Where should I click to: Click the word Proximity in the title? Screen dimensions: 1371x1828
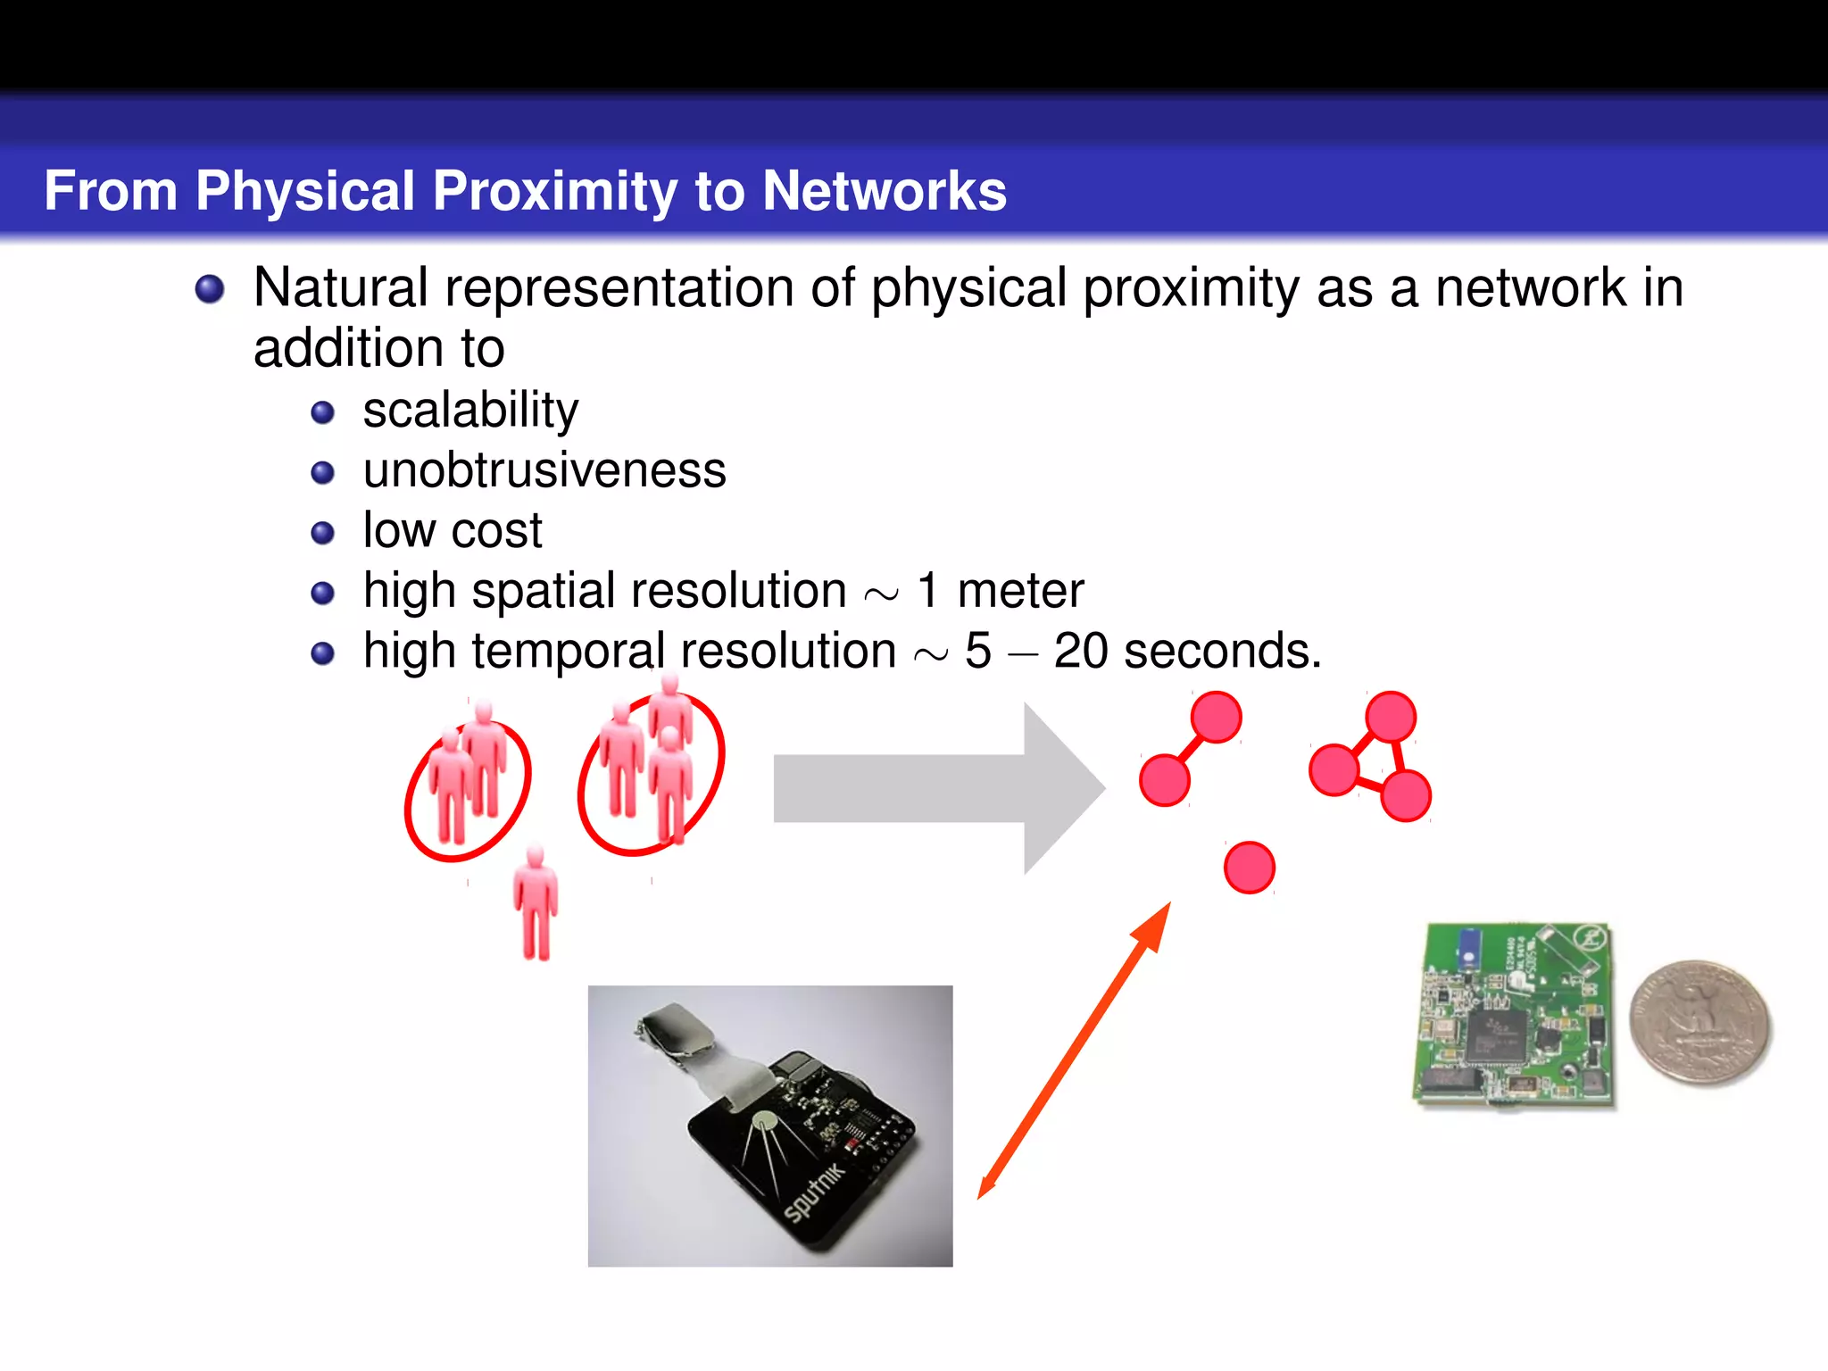(x=555, y=191)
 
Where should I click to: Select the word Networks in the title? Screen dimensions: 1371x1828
(x=884, y=191)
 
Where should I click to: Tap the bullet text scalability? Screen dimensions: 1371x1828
(x=470, y=411)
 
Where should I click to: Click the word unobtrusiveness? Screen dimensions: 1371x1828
(x=544, y=470)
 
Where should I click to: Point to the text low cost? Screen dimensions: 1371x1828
(x=452, y=530)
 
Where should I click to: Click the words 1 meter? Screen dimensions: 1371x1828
(x=1000, y=591)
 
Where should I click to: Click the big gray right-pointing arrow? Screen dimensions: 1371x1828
(x=937, y=788)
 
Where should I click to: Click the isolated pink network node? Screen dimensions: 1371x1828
(x=1249, y=868)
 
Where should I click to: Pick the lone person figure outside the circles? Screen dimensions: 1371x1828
(x=536, y=903)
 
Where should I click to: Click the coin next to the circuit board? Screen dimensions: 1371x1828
(x=1699, y=1023)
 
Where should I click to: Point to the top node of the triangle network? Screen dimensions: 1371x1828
(x=1390, y=716)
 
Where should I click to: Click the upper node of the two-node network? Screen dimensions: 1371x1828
(x=1216, y=717)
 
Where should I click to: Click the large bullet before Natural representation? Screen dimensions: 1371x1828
(x=210, y=289)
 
